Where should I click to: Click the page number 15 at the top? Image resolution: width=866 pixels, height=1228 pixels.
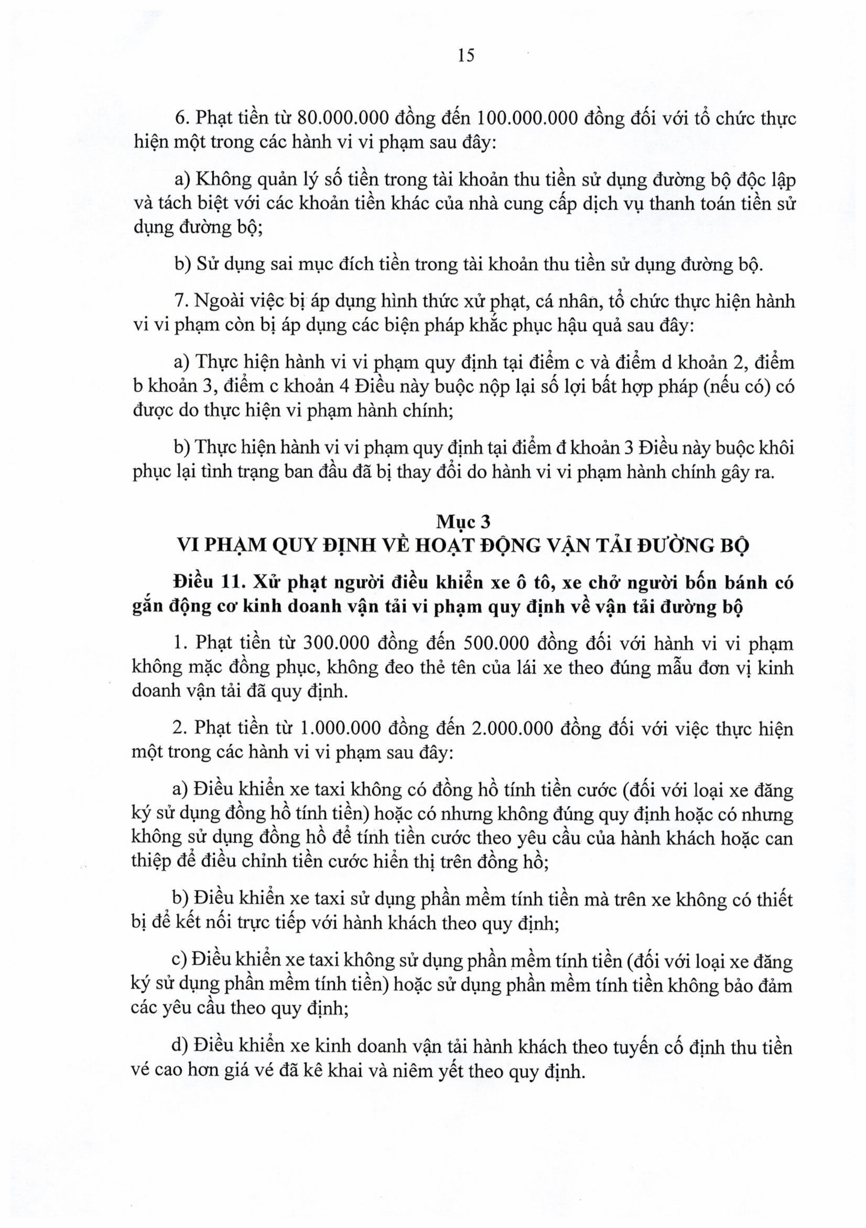466,55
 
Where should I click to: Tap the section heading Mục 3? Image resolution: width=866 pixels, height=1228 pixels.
464,521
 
